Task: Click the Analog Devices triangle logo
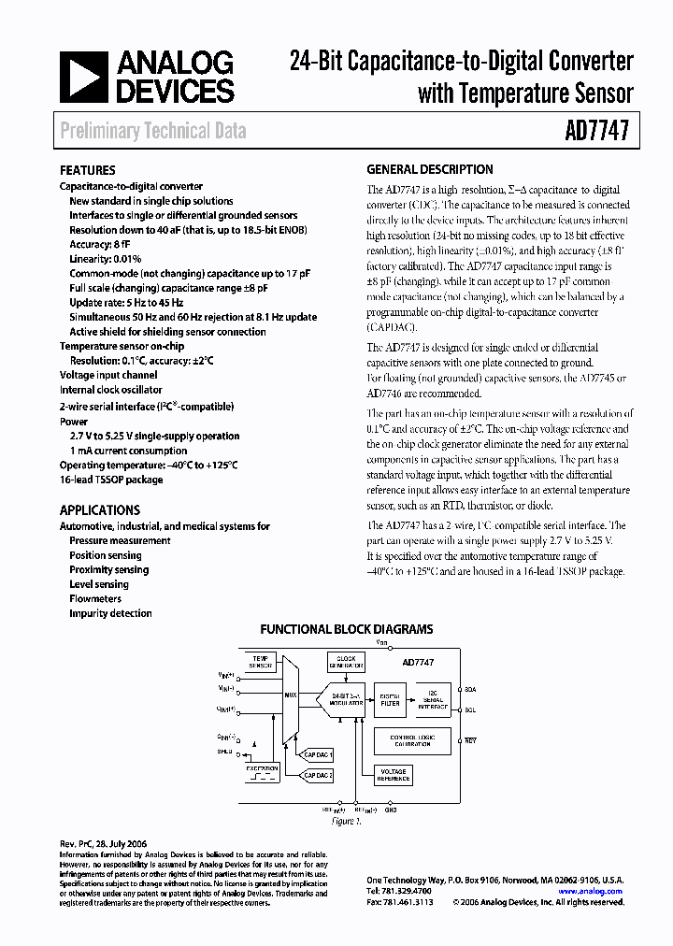coord(82,77)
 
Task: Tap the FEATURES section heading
coord(87,171)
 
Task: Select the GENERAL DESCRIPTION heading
coord(429,170)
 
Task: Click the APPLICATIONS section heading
coord(99,510)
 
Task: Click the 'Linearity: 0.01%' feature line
coord(106,259)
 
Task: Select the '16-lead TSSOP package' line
coord(110,480)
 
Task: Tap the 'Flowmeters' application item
coord(95,598)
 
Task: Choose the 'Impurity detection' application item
coord(110,613)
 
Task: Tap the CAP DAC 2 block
coord(319,775)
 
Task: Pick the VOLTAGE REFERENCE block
coord(393,774)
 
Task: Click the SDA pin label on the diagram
coord(469,690)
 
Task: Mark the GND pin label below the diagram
coord(391,810)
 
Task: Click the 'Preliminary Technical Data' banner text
coord(153,131)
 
